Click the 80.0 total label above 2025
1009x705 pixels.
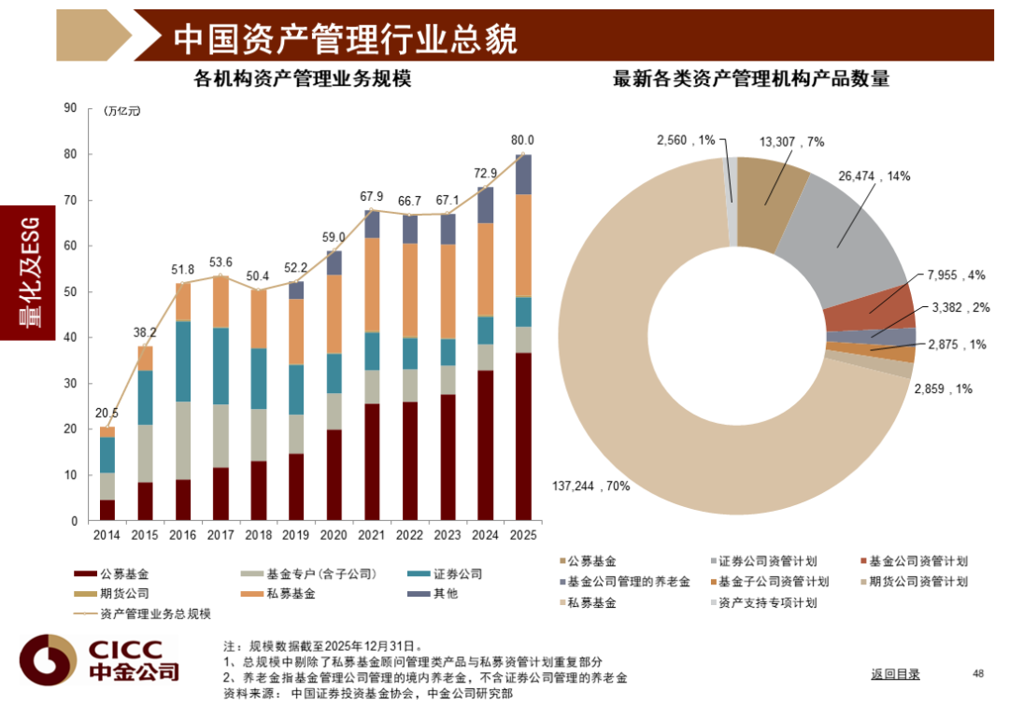pyautogui.click(x=522, y=140)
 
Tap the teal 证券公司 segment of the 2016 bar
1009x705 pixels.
pyautogui.click(x=183, y=361)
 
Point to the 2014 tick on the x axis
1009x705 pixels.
pyautogui.click(x=107, y=536)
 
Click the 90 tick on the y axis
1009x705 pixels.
pyautogui.click(x=70, y=108)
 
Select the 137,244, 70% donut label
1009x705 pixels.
pyautogui.click(x=591, y=486)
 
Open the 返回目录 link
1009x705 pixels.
pyautogui.click(x=895, y=673)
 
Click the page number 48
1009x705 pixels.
pyautogui.click(x=978, y=673)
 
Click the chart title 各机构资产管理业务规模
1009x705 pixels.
pyautogui.click(x=301, y=79)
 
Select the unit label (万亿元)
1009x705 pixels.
pyautogui.click(x=122, y=111)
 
